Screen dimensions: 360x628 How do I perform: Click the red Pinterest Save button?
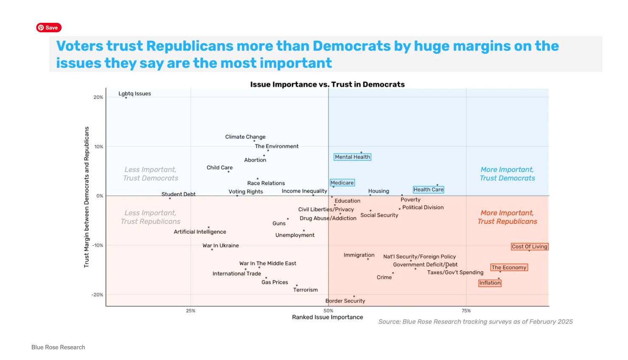point(49,28)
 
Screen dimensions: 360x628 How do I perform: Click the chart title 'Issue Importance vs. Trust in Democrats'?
point(327,84)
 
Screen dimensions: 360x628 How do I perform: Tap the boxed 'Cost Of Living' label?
point(529,246)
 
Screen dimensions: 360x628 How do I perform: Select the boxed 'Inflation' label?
point(490,283)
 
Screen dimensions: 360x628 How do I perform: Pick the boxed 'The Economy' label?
point(509,267)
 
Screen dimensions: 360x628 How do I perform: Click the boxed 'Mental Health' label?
point(352,157)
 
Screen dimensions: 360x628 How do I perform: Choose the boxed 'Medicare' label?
point(342,183)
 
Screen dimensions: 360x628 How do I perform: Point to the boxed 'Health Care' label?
point(428,190)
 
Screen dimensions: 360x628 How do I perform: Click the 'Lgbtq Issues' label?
point(135,94)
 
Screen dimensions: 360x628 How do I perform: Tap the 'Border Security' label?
point(345,301)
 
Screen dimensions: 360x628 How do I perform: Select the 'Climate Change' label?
point(245,137)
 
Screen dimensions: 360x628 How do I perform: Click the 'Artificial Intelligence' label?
point(199,232)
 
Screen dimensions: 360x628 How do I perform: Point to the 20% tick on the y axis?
point(98,97)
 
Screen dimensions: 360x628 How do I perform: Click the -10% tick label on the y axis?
point(97,246)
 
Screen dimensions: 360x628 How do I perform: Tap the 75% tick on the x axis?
point(466,311)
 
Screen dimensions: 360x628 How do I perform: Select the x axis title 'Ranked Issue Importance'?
point(327,317)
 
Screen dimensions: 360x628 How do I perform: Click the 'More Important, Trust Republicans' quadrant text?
point(507,217)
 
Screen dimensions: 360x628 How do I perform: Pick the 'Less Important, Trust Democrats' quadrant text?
point(150,174)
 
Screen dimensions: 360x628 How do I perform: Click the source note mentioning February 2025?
point(475,322)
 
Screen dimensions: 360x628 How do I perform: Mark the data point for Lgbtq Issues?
point(126,98)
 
